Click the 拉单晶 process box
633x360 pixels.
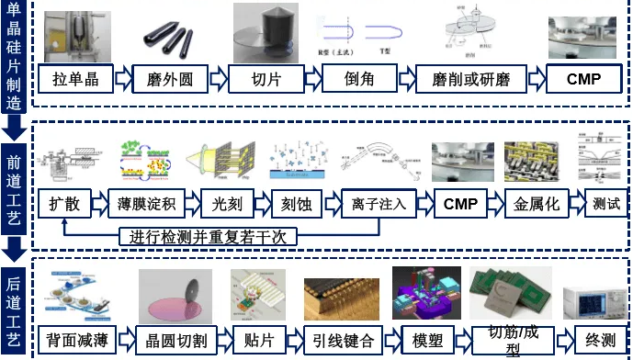(74, 79)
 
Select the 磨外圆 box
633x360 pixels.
(170, 79)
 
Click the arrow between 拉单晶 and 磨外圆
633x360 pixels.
(123, 79)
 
